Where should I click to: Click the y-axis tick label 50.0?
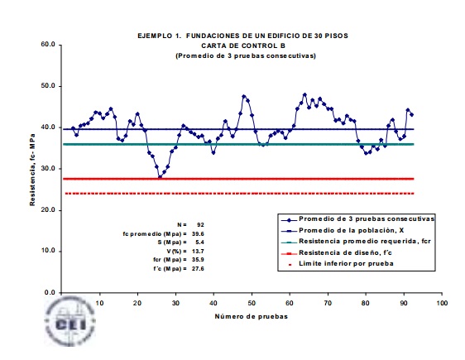[x=48, y=86]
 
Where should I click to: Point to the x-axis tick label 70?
[x=328, y=303]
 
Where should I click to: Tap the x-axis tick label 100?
[x=442, y=303]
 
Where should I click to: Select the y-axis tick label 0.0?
[x=50, y=292]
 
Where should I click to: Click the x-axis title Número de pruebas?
[x=252, y=316]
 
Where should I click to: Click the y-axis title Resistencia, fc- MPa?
[x=32, y=170]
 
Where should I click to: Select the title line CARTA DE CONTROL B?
[x=243, y=46]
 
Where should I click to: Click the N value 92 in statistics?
[x=200, y=225]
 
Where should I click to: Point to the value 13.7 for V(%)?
[x=198, y=251]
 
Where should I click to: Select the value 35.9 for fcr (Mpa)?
[x=198, y=260]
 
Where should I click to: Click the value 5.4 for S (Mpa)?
[x=199, y=242]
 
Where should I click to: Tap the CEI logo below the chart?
[x=70, y=321]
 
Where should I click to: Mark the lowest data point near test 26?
[x=161, y=177]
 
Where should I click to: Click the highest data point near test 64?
[x=304, y=94]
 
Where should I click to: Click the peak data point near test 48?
[x=244, y=96]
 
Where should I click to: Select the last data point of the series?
[x=411, y=115]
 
